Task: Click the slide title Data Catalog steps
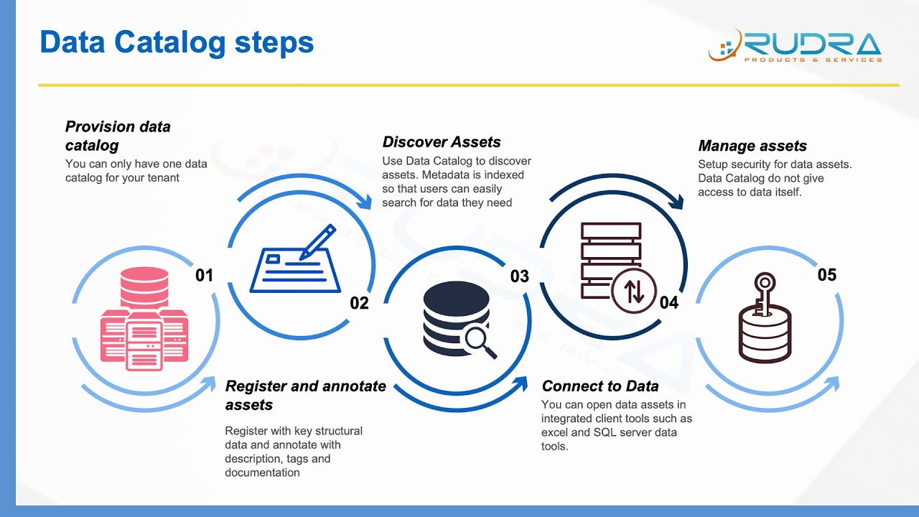[177, 42]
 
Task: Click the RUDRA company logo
[795, 45]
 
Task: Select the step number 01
[205, 275]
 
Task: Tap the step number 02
[359, 303]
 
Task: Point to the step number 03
[519, 276]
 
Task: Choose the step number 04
[668, 303]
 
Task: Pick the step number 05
[827, 275]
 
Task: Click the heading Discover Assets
[442, 142]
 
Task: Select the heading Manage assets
[752, 146]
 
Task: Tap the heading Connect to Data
[600, 386]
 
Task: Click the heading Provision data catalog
[118, 136]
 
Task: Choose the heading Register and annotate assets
[305, 395]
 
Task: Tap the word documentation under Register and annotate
[262, 472]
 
